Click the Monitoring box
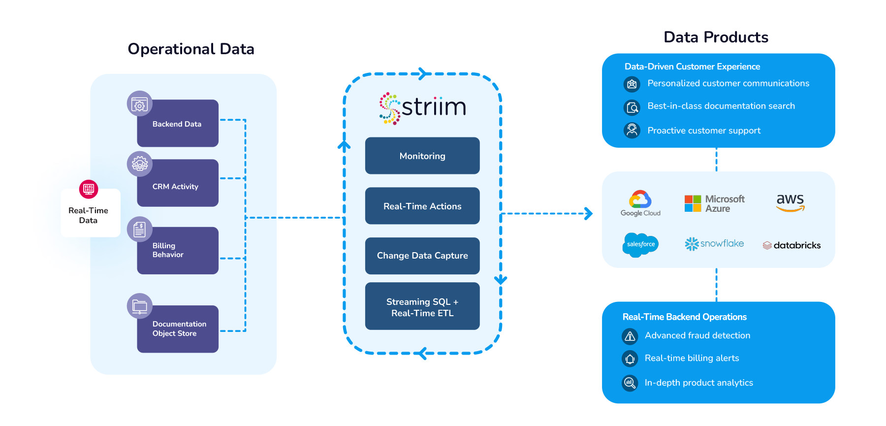[422, 156]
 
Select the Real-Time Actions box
[422, 206]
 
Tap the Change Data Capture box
[422, 256]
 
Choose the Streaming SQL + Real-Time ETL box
[422, 307]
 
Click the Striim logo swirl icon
[389, 108]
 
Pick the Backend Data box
[178, 124]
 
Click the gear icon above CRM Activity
[140, 164]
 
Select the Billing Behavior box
[178, 250]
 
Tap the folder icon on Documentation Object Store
[140, 306]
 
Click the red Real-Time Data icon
[89, 189]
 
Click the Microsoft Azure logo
[714, 203]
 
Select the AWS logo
[790, 202]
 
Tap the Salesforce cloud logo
[640, 244]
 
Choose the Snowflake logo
[714, 244]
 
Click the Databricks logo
[791, 245]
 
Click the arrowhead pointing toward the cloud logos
[588, 214]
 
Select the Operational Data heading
[191, 49]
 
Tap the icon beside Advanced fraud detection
[630, 336]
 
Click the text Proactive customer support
[704, 131]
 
